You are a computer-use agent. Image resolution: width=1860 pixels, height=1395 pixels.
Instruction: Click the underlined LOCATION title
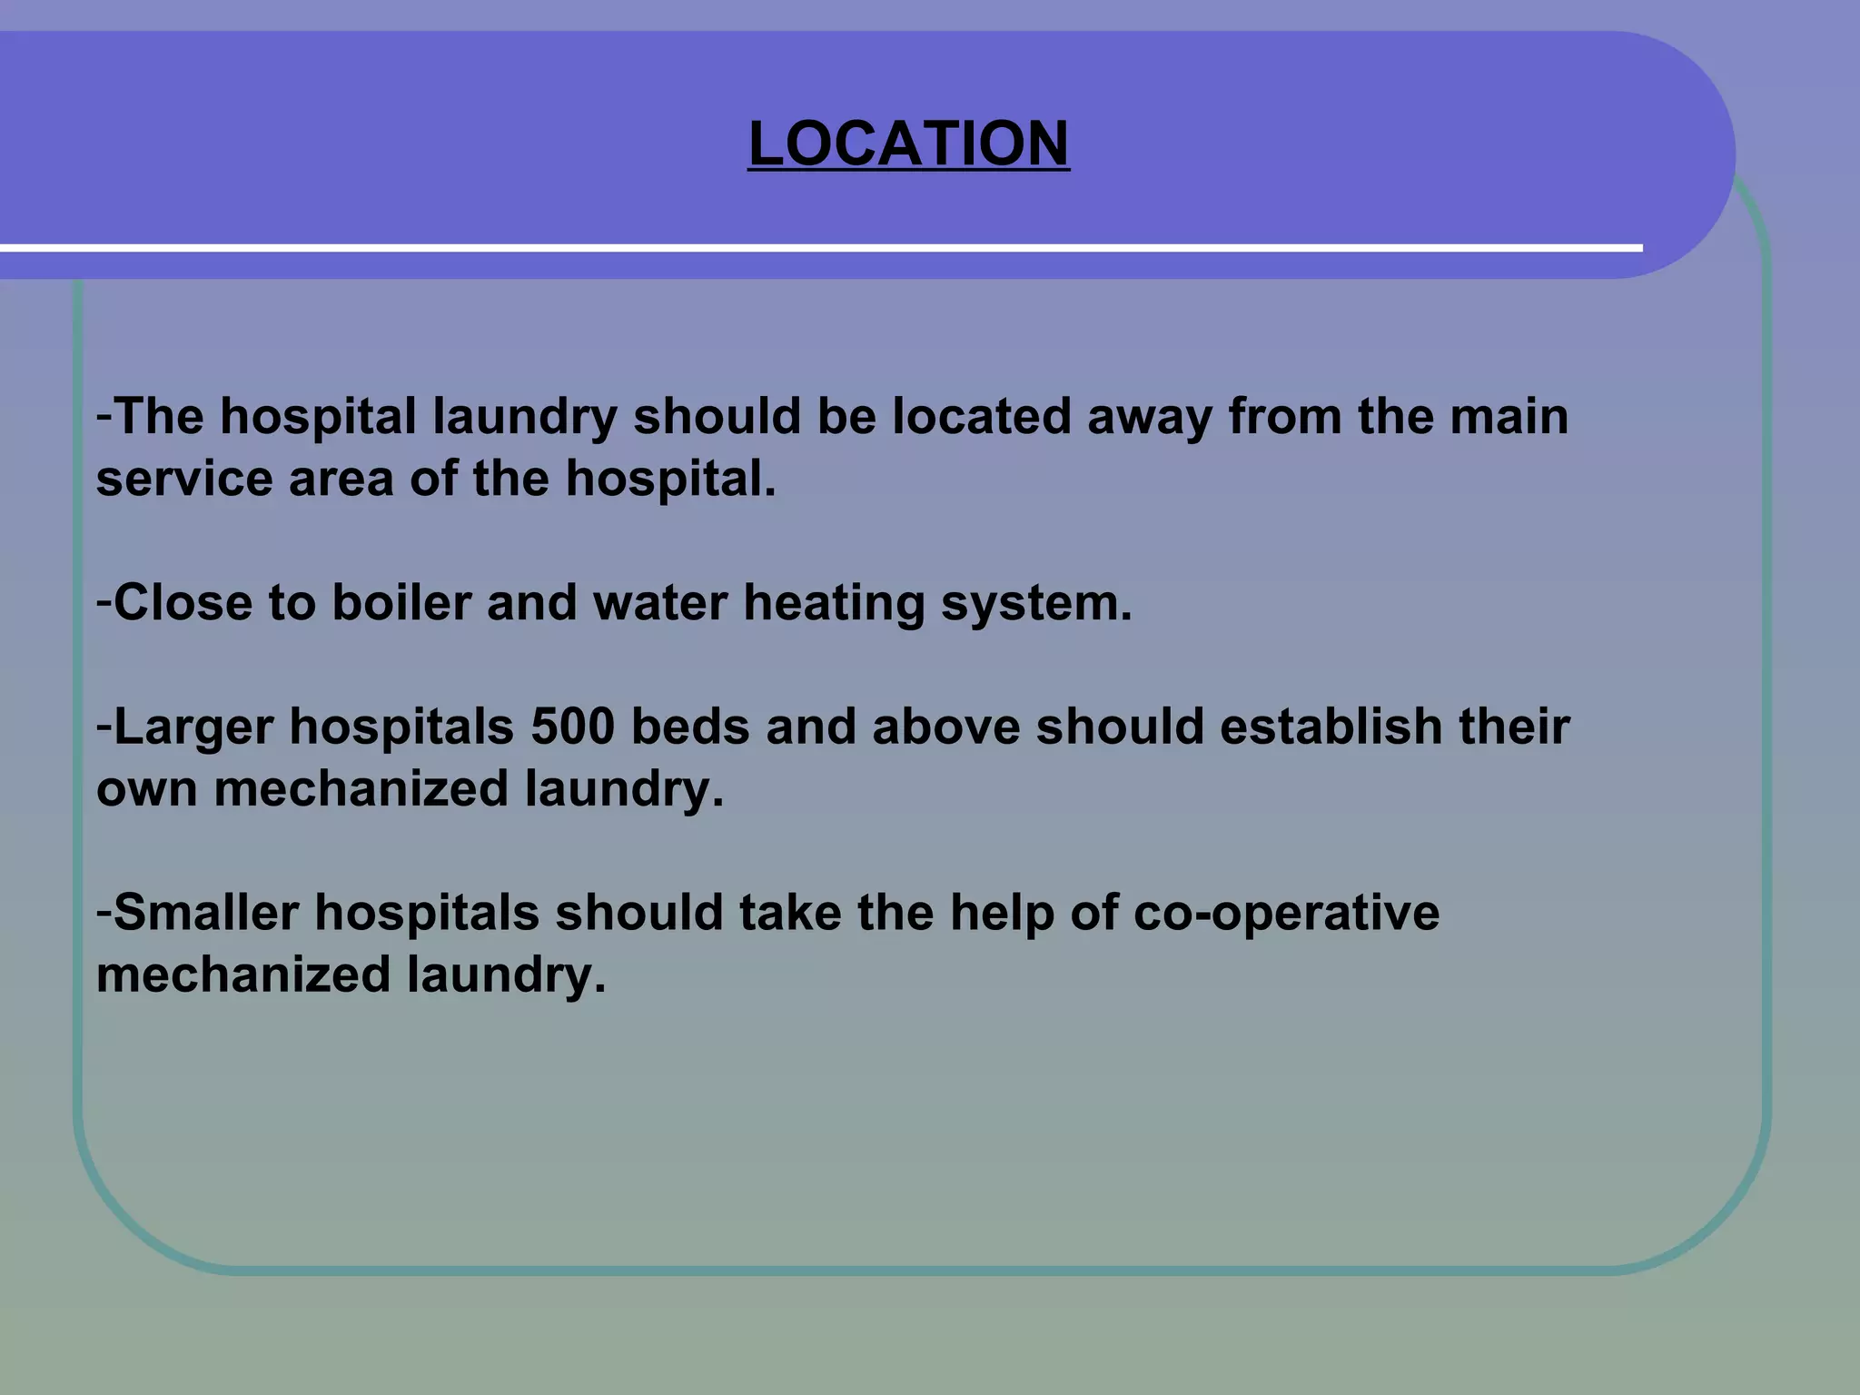tap(908, 143)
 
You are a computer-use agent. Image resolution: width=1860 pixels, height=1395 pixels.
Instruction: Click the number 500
tap(572, 727)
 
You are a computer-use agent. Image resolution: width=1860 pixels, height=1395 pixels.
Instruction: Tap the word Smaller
tap(206, 912)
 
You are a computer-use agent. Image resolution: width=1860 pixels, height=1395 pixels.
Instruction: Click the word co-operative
tap(1286, 914)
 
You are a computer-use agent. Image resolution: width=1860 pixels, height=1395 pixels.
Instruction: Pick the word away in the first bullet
tap(1149, 418)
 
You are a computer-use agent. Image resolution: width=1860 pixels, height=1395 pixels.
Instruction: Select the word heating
tap(833, 604)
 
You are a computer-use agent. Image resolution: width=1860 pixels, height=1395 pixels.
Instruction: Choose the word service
tap(184, 479)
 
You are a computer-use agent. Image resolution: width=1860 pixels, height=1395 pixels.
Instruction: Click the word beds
tap(690, 727)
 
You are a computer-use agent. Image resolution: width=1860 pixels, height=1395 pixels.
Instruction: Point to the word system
tap(1036, 604)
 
